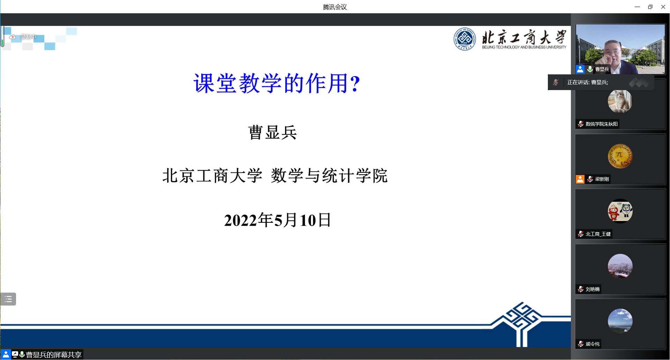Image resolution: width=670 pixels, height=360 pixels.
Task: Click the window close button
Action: [663, 7]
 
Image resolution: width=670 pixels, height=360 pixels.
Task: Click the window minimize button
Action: [637, 7]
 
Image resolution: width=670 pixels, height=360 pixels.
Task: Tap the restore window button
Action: [650, 7]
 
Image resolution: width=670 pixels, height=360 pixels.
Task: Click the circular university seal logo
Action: [464, 39]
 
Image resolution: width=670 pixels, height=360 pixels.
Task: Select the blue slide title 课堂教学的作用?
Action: [277, 83]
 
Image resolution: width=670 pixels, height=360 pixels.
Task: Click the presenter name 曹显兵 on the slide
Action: [273, 133]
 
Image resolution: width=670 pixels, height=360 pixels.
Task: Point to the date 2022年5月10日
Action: [277, 220]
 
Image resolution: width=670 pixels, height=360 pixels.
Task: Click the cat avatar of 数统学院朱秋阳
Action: [620, 101]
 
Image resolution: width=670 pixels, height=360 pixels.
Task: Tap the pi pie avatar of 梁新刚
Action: [620, 156]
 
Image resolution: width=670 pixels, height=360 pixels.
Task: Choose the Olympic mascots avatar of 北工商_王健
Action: [620, 211]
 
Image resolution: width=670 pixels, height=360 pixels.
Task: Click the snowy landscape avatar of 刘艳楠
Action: [620, 266]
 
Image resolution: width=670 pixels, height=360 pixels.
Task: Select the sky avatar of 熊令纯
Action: [620, 321]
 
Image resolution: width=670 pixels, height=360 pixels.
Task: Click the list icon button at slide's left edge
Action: [8, 299]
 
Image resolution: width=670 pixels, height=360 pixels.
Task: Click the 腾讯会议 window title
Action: [335, 7]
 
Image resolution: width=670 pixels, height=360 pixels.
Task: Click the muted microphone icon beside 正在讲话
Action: [556, 82]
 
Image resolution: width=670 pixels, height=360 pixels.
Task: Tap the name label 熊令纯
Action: [593, 344]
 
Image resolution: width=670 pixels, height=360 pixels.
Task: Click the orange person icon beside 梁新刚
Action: [580, 179]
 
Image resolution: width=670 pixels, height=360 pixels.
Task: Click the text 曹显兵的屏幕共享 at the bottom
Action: [54, 355]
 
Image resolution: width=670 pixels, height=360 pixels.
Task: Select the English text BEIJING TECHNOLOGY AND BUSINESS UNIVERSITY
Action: [524, 47]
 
